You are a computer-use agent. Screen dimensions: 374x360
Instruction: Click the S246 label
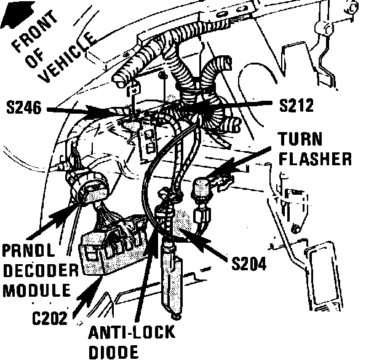(x=23, y=108)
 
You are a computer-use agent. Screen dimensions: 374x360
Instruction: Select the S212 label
(x=296, y=105)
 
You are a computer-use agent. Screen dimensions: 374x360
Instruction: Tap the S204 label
(x=249, y=264)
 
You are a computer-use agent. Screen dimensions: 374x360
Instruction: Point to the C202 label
(x=50, y=318)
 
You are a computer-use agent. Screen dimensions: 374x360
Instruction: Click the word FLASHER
(x=315, y=158)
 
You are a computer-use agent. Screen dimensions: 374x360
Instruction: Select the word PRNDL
(x=29, y=251)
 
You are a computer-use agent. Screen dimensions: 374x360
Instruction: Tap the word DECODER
(x=41, y=270)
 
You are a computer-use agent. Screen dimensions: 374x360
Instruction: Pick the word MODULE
(x=37, y=290)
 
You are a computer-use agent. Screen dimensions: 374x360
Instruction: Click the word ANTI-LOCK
(x=132, y=332)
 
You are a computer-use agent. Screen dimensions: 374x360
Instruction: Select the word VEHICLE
(x=69, y=57)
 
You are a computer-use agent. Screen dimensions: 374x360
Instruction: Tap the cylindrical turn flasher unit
(x=201, y=189)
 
